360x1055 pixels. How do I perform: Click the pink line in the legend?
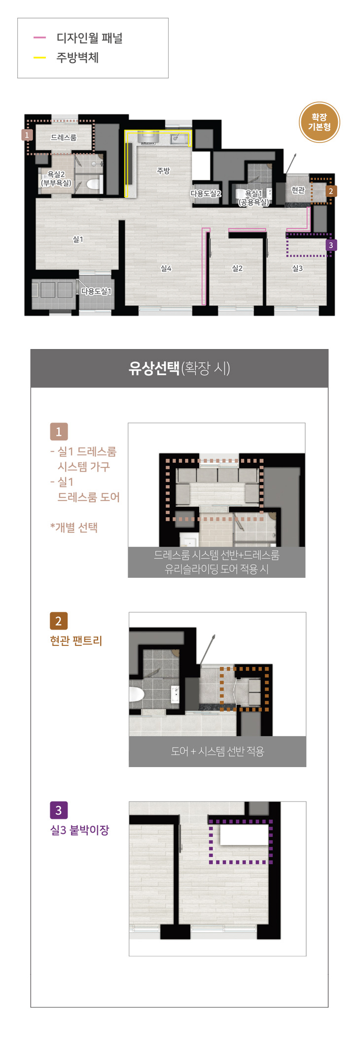pos(39,37)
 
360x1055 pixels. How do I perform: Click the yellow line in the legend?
pos(39,58)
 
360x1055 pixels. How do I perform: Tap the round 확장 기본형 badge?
pos(320,122)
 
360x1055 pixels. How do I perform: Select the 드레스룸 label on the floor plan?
pos(64,138)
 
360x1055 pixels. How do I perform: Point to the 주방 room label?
pos(163,171)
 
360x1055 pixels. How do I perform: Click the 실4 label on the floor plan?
pos(166,268)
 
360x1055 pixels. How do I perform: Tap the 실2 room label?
pos(237,268)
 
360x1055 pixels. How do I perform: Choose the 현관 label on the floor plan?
pos(298,190)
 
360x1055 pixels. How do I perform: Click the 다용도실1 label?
pos(96,291)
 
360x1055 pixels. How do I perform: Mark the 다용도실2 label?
pos(206,194)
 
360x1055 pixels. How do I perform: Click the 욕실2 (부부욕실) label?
pos(56,178)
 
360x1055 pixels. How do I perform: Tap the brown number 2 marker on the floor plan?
pos(331,191)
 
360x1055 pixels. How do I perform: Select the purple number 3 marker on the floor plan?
pos(331,245)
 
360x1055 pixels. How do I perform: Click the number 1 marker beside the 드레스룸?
pos(27,135)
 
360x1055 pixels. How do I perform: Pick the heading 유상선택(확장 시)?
pos(180,368)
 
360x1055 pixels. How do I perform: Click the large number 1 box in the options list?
pos(59,432)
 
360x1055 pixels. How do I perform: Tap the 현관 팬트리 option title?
pos(76,641)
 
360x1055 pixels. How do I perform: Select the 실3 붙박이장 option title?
pos(79,830)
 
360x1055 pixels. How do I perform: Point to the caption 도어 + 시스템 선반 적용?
pos(217,751)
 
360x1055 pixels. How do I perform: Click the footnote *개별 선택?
pos(74,527)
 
